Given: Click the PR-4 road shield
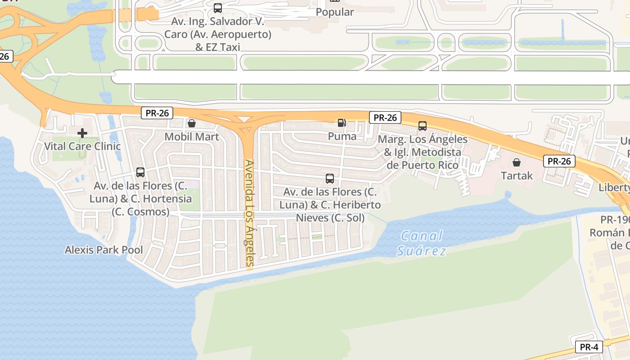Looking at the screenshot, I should click(589, 347).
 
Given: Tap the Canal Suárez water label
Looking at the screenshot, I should click(422, 243).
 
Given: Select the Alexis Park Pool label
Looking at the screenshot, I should click(104, 250).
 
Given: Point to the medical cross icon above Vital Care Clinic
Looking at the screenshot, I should click(82, 133).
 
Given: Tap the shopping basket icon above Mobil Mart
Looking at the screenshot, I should click(192, 123).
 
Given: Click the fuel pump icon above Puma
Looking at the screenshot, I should click(342, 122).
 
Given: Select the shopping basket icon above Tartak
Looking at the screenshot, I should click(517, 162).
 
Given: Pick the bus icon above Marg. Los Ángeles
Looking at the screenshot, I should click(422, 126).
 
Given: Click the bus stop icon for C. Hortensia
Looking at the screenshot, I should click(140, 172).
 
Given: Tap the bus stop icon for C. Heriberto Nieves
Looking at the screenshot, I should click(330, 179).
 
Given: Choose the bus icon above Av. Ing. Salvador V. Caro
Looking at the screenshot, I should click(218, 8).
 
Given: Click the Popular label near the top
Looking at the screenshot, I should click(335, 12).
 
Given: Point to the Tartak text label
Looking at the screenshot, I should click(517, 175).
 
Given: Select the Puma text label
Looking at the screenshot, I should click(342, 136).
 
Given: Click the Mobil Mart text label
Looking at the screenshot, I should click(192, 137).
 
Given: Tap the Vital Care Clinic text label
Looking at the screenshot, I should click(82, 146).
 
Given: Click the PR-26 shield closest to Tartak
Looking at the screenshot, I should click(559, 161).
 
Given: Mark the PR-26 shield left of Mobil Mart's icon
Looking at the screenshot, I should click(157, 113).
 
